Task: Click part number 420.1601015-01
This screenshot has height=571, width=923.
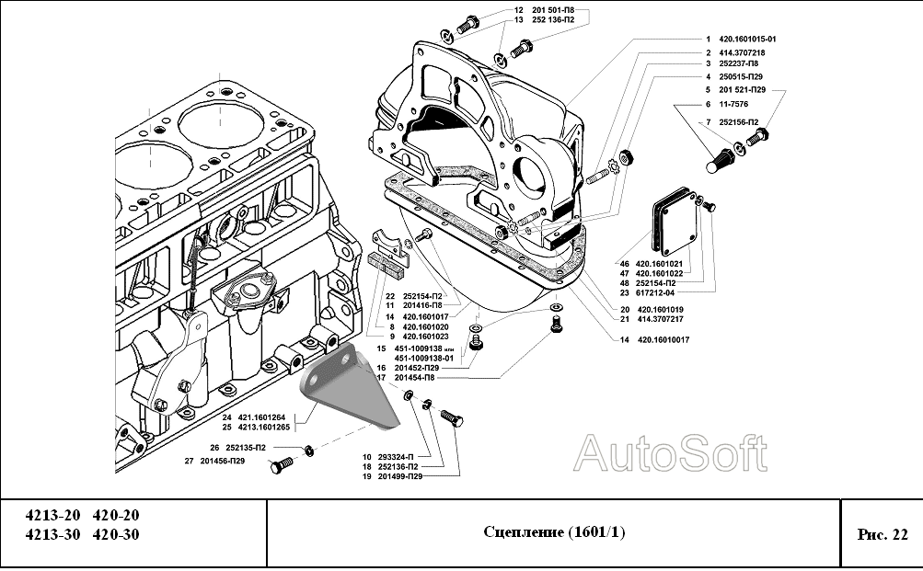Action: tap(741, 40)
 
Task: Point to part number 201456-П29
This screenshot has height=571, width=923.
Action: tap(223, 460)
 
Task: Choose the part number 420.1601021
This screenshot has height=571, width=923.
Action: tap(657, 262)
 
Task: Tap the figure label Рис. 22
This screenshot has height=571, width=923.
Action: tap(882, 533)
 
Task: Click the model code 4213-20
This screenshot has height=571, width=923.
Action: tap(52, 515)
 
